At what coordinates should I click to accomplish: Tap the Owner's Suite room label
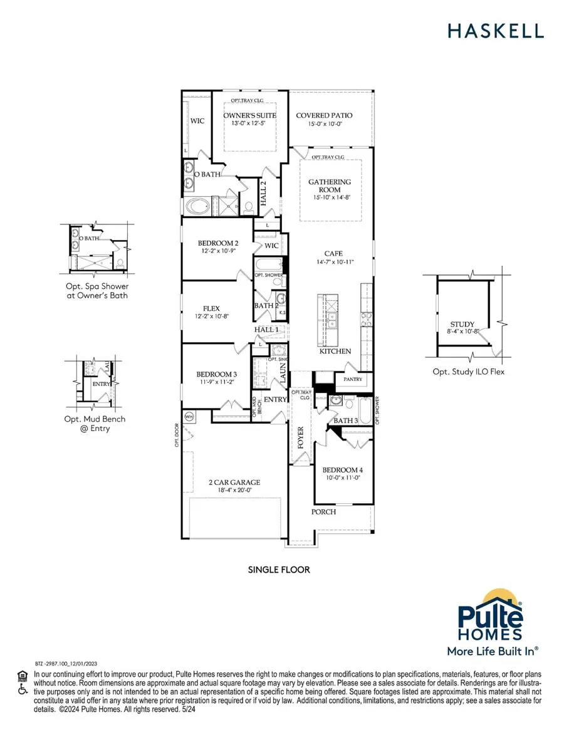pyautogui.click(x=249, y=115)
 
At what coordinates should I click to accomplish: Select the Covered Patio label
pyautogui.click(x=324, y=115)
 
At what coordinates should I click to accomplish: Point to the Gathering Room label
pyautogui.click(x=330, y=185)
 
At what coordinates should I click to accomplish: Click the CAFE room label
pyautogui.click(x=330, y=255)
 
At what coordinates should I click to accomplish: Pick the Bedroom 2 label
pyautogui.click(x=218, y=243)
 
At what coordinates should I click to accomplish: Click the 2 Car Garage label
pyautogui.click(x=235, y=482)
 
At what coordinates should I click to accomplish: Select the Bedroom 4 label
pyautogui.click(x=342, y=470)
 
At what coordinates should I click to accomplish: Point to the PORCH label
pyautogui.click(x=324, y=511)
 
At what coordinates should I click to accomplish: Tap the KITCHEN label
pyautogui.click(x=335, y=351)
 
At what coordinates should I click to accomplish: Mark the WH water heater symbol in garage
pyautogui.click(x=189, y=416)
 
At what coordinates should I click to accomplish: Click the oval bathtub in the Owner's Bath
pyautogui.click(x=202, y=206)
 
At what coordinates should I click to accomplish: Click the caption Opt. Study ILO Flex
pyautogui.click(x=467, y=372)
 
